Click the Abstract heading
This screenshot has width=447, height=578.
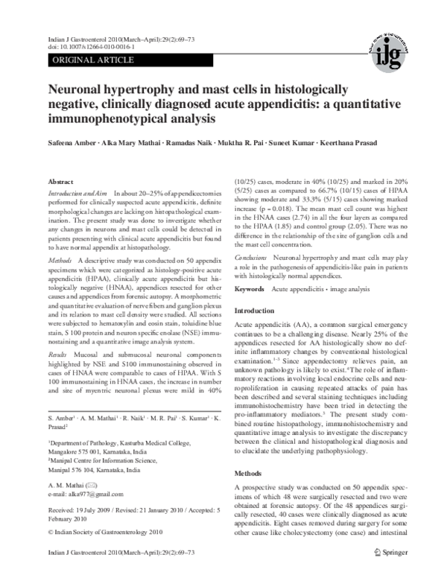(60, 182)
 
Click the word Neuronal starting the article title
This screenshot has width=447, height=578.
(79, 90)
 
